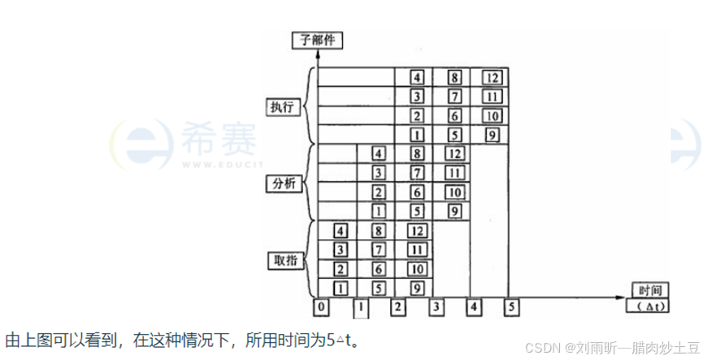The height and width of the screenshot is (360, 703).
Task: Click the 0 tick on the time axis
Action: click(323, 306)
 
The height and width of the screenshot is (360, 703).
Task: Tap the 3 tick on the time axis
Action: click(436, 306)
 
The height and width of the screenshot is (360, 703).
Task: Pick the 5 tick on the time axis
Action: click(510, 306)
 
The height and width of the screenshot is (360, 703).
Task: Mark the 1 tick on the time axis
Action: click(360, 306)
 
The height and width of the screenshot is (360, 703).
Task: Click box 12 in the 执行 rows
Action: click(491, 78)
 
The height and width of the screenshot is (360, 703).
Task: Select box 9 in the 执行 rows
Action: click(491, 135)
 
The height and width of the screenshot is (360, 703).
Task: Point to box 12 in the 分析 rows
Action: click(453, 153)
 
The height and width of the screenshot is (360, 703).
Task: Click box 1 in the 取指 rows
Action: click(341, 287)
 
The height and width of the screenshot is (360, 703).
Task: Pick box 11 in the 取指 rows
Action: click(415, 249)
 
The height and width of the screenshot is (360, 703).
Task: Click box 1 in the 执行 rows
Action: click(415, 135)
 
